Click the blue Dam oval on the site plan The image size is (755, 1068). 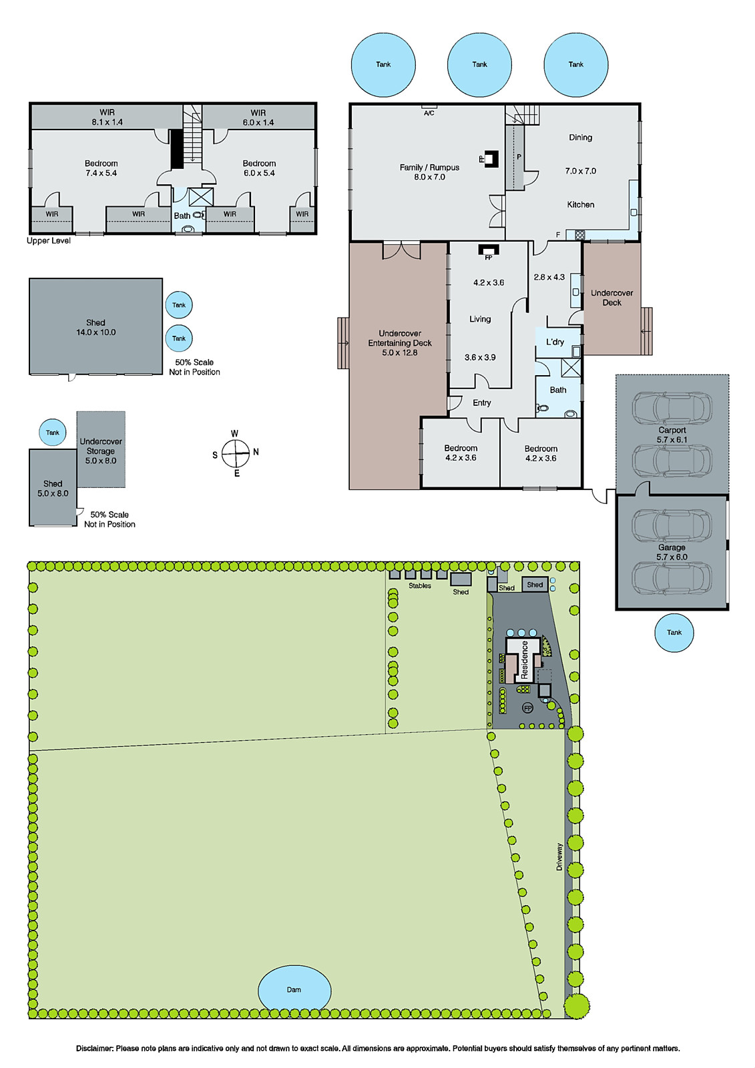(294, 989)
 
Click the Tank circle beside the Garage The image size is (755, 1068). (674, 632)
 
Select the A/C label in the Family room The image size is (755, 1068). (429, 113)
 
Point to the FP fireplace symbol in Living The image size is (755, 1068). (488, 250)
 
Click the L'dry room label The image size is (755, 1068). (555, 342)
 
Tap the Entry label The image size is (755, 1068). (481, 403)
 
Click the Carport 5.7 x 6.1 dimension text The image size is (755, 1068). (672, 440)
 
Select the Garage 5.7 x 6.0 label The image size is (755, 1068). (672, 552)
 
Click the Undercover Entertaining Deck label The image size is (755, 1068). (400, 342)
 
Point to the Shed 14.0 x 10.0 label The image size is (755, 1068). (95, 327)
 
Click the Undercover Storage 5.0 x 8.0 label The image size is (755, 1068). (101, 451)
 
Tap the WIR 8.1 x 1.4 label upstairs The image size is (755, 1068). (107, 117)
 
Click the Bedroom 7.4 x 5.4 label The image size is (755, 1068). (101, 168)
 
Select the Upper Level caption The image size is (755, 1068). (49, 241)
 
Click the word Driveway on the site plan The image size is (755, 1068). (559, 856)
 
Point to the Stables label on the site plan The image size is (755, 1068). (419, 586)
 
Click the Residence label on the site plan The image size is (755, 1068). (525, 660)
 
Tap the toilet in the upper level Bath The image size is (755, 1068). (198, 216)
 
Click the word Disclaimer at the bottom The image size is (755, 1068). (94, 1049)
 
